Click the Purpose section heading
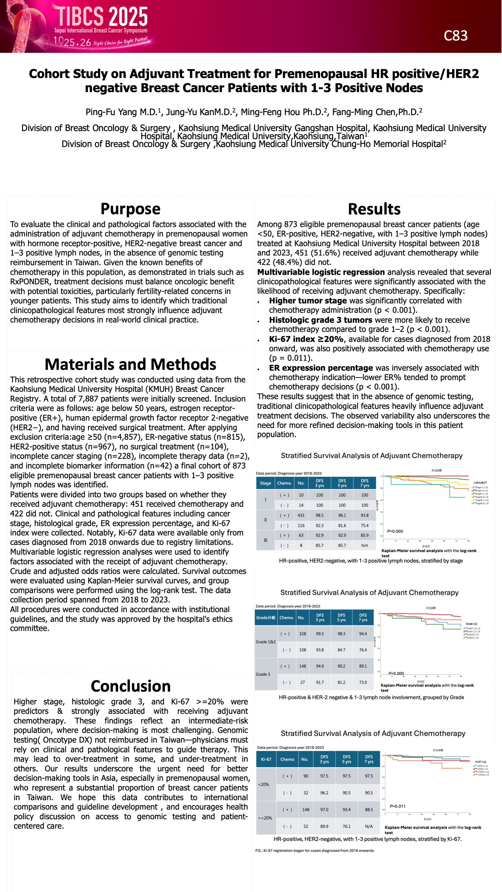click(x=130, y=209)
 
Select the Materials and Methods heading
click(x=130, y=364)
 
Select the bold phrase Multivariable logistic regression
click(x=321, y=272)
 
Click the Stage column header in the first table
click(x=265, y=483)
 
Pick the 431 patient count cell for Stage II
click(x=301, y=515)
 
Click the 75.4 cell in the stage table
click(x=365, y=525)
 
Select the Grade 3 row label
click(x=263, y=674)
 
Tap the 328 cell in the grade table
click(x=302, y=634)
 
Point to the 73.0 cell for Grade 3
click(x=363, y=682)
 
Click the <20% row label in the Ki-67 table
click(x=263, y=784)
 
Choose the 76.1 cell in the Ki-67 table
click(x=346, y=826)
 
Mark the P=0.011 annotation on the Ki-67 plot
click(x=397, y=806)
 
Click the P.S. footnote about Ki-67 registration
click(x=315, y=850)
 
